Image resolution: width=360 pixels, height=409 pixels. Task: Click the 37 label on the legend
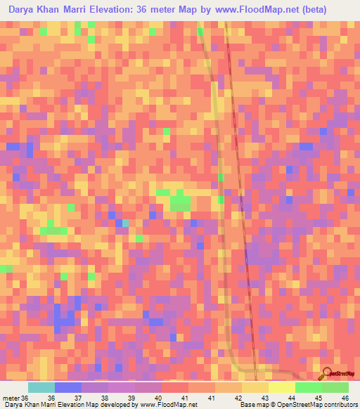pyautogui.click(x=77, y=397)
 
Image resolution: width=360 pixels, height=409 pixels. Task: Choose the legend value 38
pyautogui.click(x=105, y=397)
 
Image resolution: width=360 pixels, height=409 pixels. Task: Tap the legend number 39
pyautogui.click(x=131, y=397)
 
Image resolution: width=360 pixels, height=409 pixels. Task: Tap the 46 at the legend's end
pyautogui.click(x=345, y=397)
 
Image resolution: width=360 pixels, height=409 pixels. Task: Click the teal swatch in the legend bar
pyautogui.click(x=41, y=387)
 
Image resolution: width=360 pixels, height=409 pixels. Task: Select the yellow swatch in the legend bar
pyautogui.click(x=282, y=387)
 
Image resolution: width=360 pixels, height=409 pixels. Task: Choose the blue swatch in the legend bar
pyautogui.click(x=68, y=387)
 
